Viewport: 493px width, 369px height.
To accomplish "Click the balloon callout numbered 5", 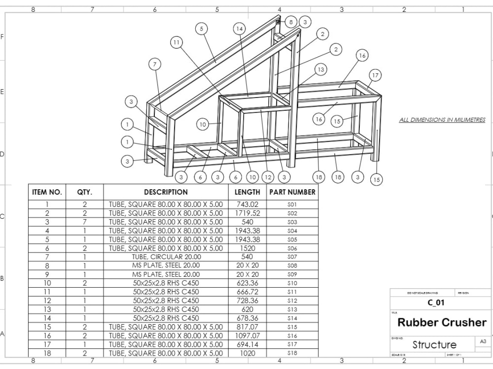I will (x=201, y=29).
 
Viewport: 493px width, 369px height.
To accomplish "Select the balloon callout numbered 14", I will (x=240, y=29).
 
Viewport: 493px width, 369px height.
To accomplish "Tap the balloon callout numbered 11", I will (x=176, y=43).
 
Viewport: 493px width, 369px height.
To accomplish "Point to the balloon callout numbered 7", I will (x=155, y=64).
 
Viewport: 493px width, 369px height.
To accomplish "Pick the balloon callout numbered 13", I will (x=321, y=70).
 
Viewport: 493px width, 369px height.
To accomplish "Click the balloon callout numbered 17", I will (x=375, y=75).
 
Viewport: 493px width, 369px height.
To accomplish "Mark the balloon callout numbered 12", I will (x=268, y=177).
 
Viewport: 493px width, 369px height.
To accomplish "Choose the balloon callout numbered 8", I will (x=291, y=22).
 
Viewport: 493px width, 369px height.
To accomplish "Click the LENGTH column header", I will (x=247, y=192).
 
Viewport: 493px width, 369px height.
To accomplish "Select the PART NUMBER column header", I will (x=292, y=192).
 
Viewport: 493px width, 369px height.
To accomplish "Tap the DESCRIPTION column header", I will (x=166, y=192).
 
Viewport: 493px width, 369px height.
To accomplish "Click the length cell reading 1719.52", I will (x=247, y=213).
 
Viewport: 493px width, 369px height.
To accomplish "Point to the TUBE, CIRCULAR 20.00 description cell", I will (x=166, y=257).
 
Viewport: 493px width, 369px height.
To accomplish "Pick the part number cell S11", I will (x=292, y=292).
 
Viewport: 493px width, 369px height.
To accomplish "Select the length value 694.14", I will (x=247, y=344).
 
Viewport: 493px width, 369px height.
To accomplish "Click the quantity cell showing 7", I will (x=84, y=222).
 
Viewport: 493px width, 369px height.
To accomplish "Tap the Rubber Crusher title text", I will (x=442, y=323).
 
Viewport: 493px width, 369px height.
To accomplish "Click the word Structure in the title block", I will (x=434, y=344).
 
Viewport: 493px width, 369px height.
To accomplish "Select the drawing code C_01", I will (x=432, y=303).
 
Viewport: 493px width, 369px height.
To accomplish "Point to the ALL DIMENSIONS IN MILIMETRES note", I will (x=442, y=120).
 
